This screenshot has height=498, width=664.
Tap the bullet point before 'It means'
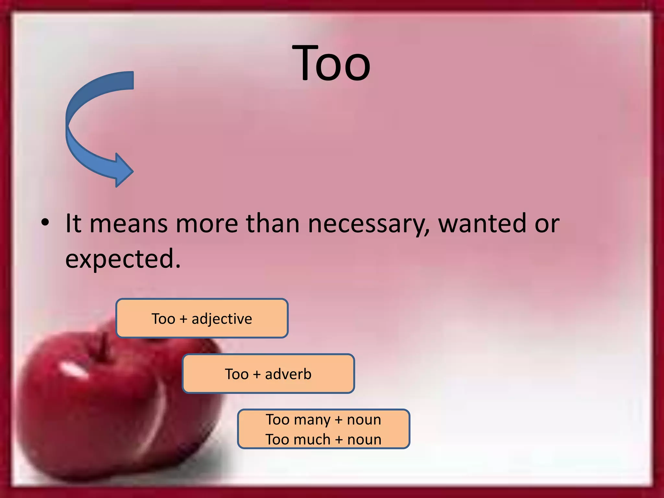coord(45,223)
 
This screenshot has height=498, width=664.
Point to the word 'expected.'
coord(123,258)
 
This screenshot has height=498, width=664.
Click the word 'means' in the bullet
coord(128,224)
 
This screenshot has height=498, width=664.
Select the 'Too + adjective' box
coord(202,318)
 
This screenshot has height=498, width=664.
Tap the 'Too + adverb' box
coord(268,374)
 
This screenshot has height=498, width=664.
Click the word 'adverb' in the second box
coord(288,374)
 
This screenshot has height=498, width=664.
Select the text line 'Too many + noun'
coord(323,420)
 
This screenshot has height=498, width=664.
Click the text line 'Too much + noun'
coord(323,440)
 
